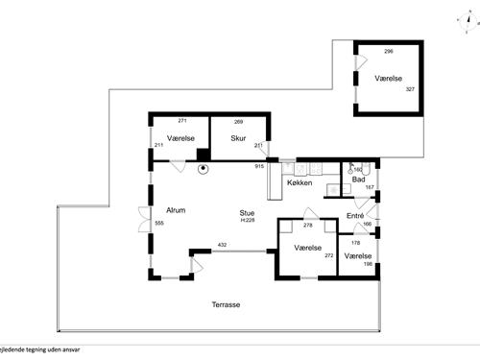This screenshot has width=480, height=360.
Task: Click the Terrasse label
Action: [x=227, y=304]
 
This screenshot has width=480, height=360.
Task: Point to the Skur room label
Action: [x=239, y=138]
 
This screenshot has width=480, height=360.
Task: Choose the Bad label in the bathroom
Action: [x=358, y=180]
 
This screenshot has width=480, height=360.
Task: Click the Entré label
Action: [x=356, y=215]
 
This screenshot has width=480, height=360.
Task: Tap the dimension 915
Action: [x=259, y=167]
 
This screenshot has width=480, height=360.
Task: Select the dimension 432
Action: [x=222, y=246]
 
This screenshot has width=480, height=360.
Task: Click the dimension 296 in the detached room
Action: [x=389, y=51]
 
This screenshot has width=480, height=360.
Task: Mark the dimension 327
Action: [x=410, y=89]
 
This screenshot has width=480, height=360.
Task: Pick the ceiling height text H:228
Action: [x=248, y=221]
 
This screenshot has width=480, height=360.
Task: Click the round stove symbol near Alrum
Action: [x=204, y=170]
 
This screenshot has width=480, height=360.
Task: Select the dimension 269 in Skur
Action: [x=239, y=122]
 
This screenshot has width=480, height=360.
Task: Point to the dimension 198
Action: [x=368, y=263]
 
